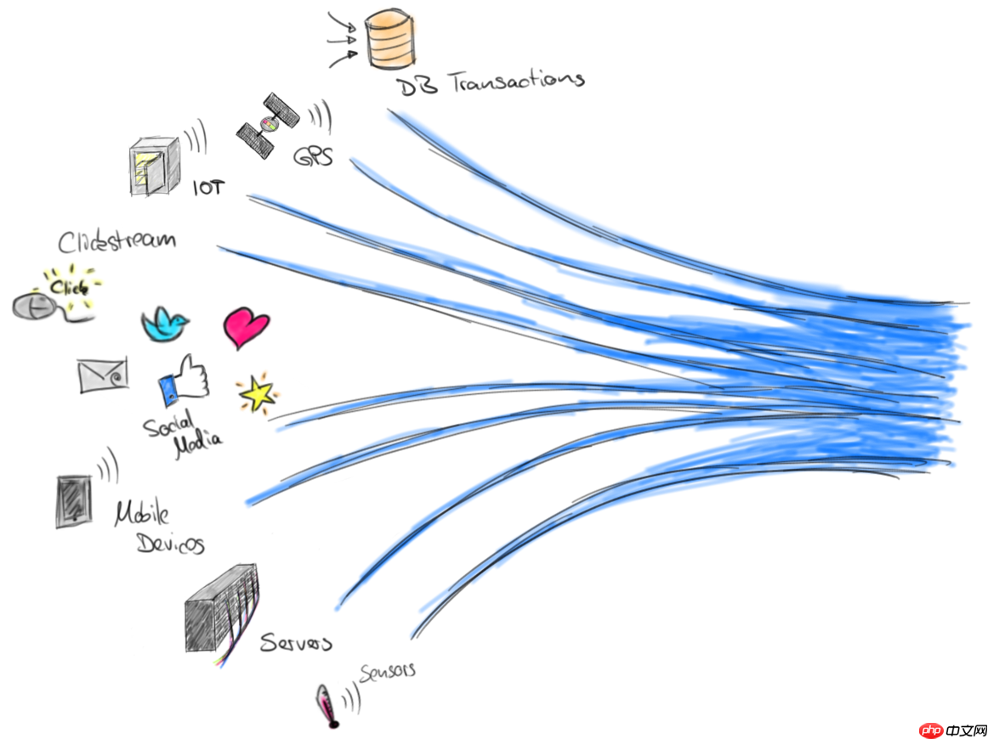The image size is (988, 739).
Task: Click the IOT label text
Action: click(209, 186)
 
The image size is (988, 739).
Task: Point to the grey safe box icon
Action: click(154, 166)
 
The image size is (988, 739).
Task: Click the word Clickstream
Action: click(116, 241)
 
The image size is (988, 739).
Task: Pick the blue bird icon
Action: click(165, 324)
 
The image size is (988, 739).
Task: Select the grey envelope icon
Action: click(103, 375)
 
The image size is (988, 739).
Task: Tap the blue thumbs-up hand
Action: click(182, 380)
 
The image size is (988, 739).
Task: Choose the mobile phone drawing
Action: click(71, 501)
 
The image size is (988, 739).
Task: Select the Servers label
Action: click(295, 642)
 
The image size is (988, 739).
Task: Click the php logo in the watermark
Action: click(934, 729)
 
